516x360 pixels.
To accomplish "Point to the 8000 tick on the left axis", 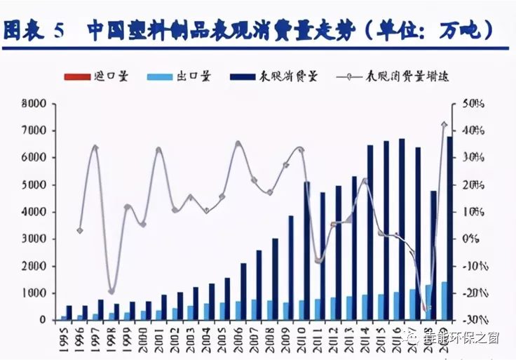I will coord(34,104).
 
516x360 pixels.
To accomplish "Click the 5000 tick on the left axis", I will coord(34,185).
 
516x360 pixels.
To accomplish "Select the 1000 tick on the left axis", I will coord(34,293).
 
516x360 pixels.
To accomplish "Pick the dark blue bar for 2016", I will coord(402,229).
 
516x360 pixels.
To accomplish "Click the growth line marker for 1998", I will coord(111,291).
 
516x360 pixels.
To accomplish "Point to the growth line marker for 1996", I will coord(80,230).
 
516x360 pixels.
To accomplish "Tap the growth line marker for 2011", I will coord(319,260).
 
